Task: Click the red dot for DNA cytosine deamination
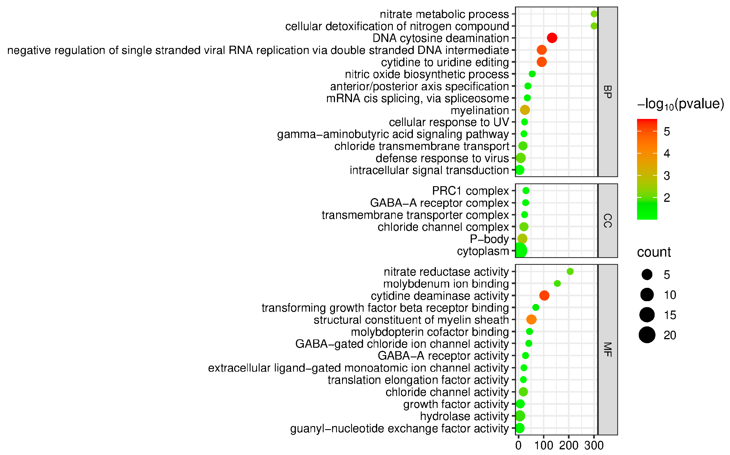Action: (552, 38)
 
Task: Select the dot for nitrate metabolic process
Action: (594, 14)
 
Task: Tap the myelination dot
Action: (525, 110)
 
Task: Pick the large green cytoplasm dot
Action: (521, 251)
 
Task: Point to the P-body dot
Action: (522, 239)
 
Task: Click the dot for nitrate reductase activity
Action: (570, 271)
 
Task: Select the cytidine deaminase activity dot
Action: (544, 295)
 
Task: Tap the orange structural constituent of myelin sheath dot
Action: (531, 320)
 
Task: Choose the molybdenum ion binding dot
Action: (557, 284)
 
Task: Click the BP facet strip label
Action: (607, 92)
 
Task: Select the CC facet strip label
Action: (607, 221)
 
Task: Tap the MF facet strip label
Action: (607, 350)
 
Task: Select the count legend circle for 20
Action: (647, 335)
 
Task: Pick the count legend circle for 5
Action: (647, 274)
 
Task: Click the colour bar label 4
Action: (667, 154)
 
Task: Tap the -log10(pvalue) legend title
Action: (680, 104)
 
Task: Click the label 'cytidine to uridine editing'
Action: (445, 62)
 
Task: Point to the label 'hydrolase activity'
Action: (464, 416)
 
